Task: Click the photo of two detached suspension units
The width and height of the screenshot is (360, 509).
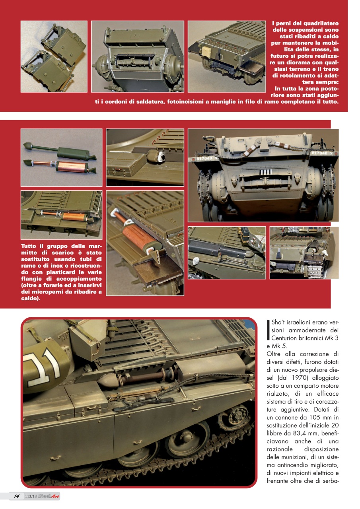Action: [54, 56]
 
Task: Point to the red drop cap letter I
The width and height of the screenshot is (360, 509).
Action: [269, 330]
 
